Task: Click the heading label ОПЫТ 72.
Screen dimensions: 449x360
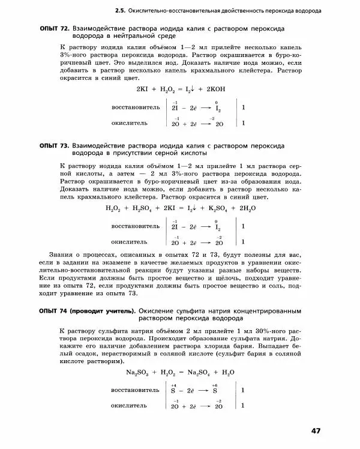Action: point(53,28)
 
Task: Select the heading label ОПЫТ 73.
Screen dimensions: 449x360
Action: point(53,146)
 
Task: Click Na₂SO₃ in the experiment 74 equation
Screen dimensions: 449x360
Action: point(138,373)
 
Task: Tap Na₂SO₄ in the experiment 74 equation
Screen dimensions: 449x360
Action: point(199,373)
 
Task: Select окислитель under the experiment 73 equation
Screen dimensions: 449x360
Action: point(129,242)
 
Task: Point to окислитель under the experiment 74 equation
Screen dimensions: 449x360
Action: point(129,406)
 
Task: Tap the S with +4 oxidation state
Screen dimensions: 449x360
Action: point(173,391)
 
